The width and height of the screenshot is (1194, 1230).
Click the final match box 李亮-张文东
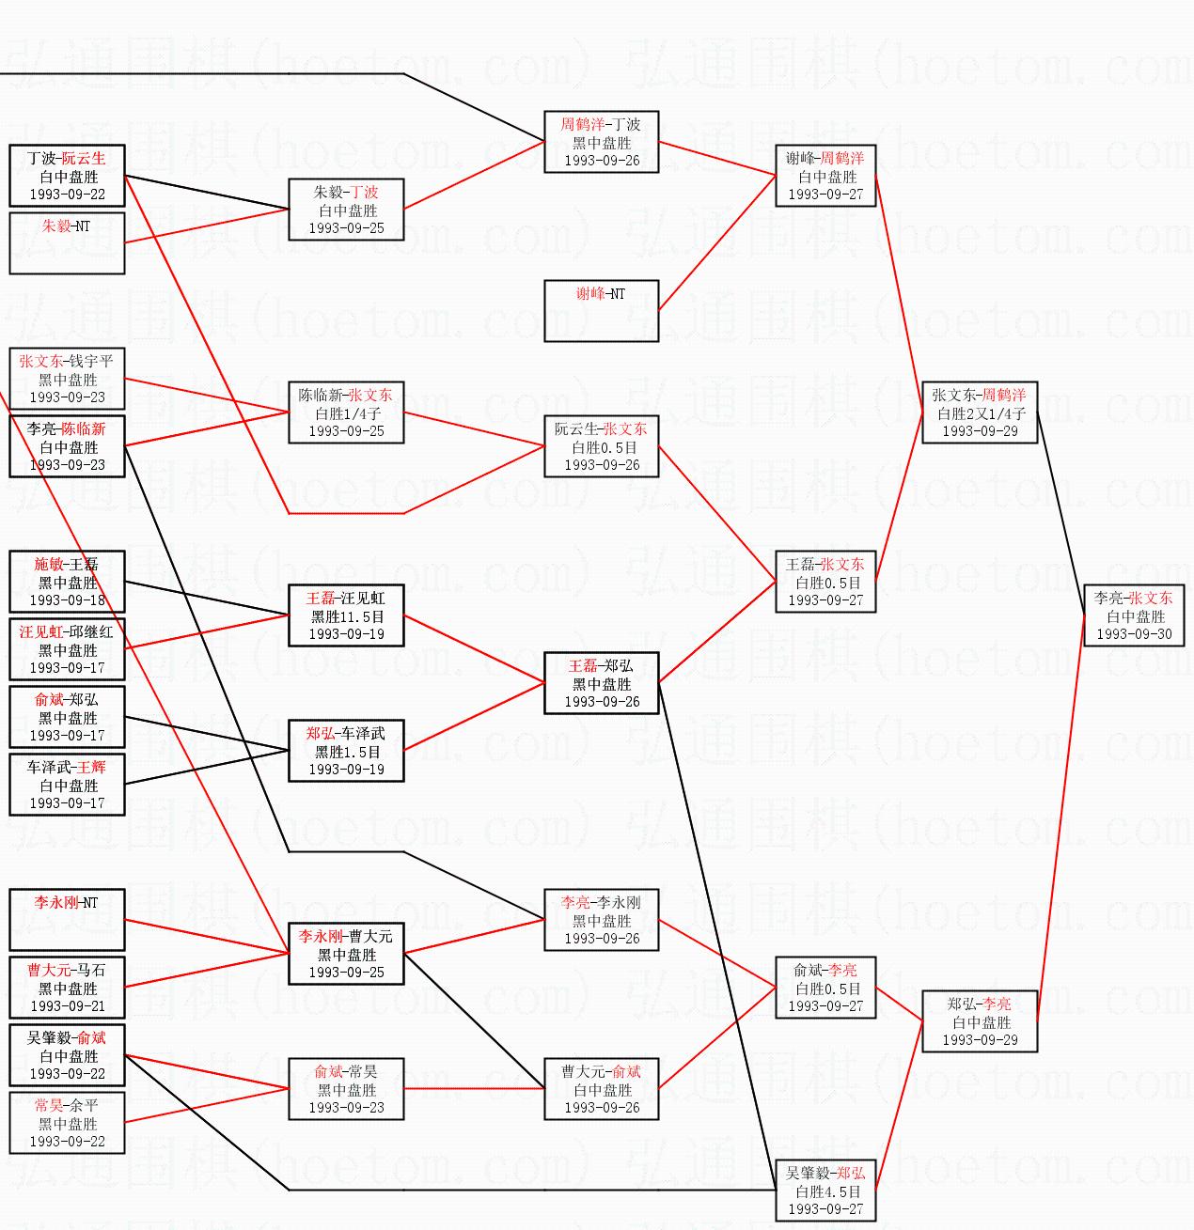click(x=1133, y=615)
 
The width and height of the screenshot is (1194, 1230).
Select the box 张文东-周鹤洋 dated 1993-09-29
click(x=979, y=413)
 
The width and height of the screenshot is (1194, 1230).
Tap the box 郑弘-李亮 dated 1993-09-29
click(x=979, y=1021)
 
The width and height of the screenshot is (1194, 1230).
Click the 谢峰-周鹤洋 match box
click(x=825, y=176)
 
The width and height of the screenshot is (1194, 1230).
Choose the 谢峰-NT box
click(x=601, y=311)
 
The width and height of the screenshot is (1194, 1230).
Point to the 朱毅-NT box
click(x=67, y=243)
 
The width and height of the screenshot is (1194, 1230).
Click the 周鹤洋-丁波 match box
click(x=601, y=142)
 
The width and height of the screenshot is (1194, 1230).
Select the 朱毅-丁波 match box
click(x=346, y=210)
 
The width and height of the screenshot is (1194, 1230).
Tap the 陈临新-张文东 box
click(x=346, y=413)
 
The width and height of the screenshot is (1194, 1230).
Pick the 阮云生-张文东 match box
click(x=601, y=446)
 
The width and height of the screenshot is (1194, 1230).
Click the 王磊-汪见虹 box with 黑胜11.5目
click(x=346, y=615)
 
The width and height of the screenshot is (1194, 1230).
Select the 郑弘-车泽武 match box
click(x=346, y=751)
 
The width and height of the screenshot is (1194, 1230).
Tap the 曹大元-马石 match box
click(x=67, y=988)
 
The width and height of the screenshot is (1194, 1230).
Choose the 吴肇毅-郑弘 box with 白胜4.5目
click(x=825, y=1191)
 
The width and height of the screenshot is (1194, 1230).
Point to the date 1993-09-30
click(x=1134, y=634)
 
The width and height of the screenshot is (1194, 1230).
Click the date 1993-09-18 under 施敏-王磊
click(x=68, y=600)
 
